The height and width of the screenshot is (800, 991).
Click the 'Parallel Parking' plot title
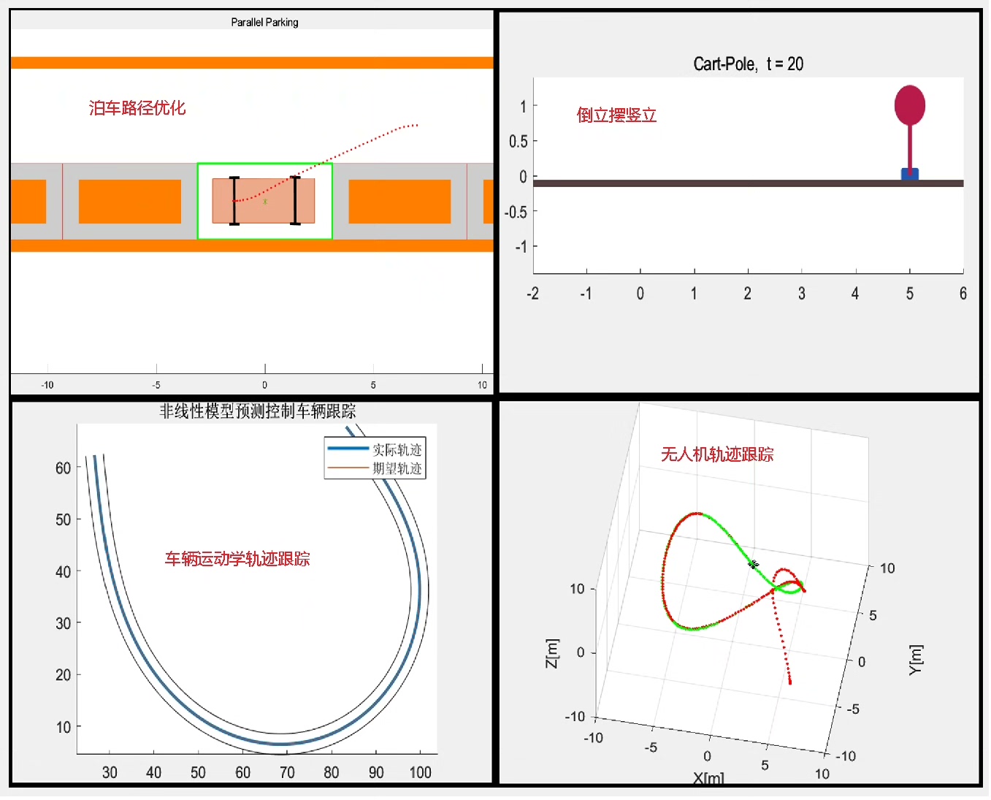[265, 23]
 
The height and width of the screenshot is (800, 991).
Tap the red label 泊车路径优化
[137, 108]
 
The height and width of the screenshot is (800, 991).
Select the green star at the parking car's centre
[265, 202]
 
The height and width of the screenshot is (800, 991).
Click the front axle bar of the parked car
[296, 201]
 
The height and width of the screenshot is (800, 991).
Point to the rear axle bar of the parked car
[235, 201]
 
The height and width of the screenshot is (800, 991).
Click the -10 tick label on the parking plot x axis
[47, 385]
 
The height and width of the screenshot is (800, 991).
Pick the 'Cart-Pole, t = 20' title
[749, 64]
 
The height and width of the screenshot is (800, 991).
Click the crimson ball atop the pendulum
[911, 105]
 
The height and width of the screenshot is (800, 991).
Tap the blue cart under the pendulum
[911, 174]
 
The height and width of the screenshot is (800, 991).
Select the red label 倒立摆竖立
[617, 115]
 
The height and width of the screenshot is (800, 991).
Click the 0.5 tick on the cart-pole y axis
[519, 142]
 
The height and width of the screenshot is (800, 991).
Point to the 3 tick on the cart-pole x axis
[802, 294]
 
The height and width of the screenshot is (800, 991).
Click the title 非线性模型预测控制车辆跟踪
[258, 411]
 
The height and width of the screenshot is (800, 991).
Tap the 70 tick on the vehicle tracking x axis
[287, 773]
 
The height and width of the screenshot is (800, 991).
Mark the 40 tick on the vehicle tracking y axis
[63, 572]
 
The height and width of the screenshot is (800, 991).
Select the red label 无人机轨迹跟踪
[718, 455]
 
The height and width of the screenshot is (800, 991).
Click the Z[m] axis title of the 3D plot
[553, 654]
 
